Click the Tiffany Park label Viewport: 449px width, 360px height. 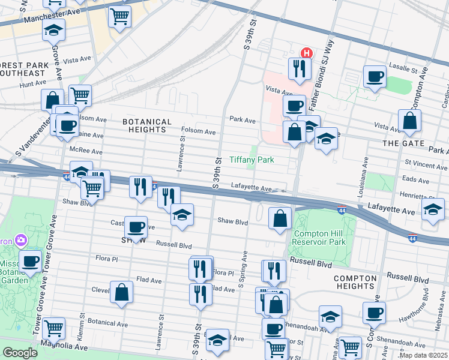pyautogui.click(x=252, y=160)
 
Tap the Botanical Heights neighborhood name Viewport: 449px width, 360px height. pyautogui.click(x=144, y=125)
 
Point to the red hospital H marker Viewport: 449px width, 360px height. pyautogui.click(x=306, y=53)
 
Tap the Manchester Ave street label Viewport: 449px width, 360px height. pyautogui.click(x=52, y=19)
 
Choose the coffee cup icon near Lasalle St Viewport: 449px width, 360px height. pyautogui.click(x=375, y=77)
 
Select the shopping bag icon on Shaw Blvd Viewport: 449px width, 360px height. pyautogui.click(x=280, y=218)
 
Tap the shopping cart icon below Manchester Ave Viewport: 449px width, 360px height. pyautogui.click(x=119, y=17)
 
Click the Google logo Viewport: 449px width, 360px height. pyautogui.click(x=20, y=353)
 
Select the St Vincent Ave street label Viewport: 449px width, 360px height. pyautogui.click(x=426, y=163)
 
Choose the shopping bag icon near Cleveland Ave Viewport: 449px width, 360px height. pyautogui.click(x=121, y=292)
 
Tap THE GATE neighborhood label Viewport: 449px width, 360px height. pyautogui.click(x=404, y=144)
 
